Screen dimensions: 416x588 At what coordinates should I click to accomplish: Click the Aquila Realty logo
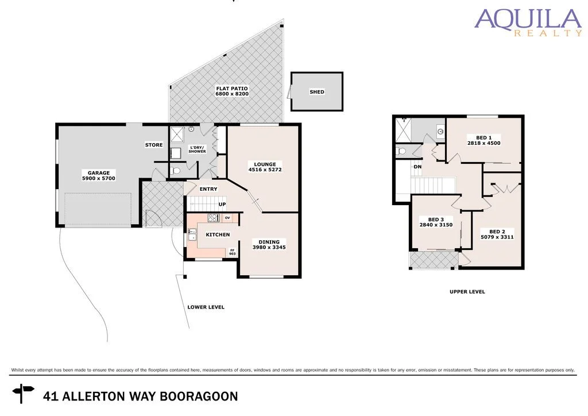tap(528, 22)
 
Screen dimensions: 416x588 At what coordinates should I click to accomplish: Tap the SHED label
tap(316, 92)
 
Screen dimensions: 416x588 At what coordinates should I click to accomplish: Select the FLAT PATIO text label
tap(231, 89)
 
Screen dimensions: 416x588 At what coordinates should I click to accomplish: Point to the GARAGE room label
tap(99, 172)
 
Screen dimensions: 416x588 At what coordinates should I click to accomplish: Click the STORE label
tap(153, 145)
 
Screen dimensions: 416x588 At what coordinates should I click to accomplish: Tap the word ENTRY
tap(208, 189)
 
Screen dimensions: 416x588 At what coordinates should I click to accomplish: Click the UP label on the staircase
tap(221, 204)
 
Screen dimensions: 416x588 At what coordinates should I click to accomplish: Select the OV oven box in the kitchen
tap(227, 218)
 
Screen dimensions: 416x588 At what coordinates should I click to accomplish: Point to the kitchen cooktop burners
tap(213, 218)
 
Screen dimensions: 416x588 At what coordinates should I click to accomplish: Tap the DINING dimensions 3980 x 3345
tap(269, 248)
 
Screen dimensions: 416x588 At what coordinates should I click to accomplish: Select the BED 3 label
tap(436, 219)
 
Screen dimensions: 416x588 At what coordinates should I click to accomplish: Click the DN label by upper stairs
tap(417, 167)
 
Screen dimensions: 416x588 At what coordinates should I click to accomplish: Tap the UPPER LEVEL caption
tap(467, 292)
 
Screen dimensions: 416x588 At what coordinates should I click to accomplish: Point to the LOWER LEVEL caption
tap(206, 307)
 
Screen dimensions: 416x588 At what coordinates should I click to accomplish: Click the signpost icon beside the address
tap(24, 394)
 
